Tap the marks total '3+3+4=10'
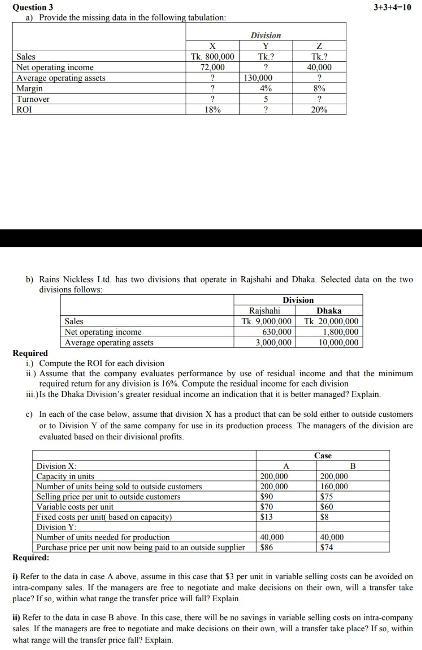[392, 7]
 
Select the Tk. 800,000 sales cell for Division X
[212, 57]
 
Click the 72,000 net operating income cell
[212, 67]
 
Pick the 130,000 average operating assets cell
[258, 78]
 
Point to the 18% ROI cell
[212, 110]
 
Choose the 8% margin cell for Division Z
[319, 88]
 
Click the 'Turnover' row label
[33, 99]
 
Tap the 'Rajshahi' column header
[264, 311]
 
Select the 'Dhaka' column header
[329, 311]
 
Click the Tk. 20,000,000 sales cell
[332, 321]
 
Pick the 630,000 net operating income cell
[276, 332]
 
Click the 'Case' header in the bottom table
[323, 455]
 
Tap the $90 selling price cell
[266, 497]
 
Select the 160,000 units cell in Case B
[334, 486]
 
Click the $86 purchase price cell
[266, 547]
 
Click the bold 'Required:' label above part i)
[31, 557]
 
